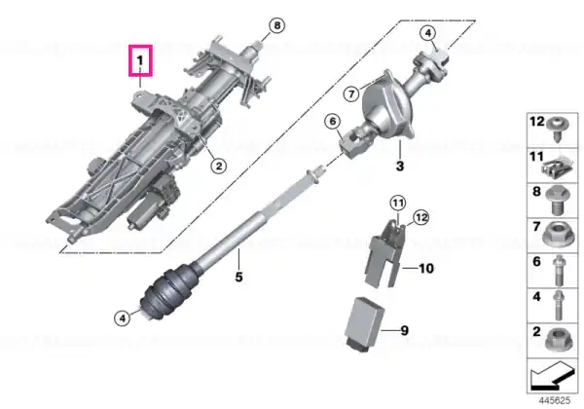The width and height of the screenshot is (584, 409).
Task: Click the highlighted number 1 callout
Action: click(140, 60)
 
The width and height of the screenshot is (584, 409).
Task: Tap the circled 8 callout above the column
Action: click(276, 25)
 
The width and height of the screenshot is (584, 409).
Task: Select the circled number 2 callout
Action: click(219, 166)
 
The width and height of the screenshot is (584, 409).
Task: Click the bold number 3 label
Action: click(400, 166)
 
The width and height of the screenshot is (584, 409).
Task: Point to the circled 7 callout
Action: click(351, 93)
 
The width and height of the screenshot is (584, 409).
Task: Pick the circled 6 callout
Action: click(333, 121)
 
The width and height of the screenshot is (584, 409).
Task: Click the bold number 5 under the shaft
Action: click(238, 277)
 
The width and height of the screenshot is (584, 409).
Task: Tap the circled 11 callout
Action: click(398, 203)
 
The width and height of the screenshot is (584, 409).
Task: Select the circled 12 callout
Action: click(421, 217)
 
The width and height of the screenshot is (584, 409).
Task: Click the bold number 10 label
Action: click(426, 268)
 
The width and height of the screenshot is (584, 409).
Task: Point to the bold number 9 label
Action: click(404, 330)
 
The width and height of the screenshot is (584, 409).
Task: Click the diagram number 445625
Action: click(555, 401)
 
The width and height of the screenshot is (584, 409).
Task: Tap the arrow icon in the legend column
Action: click(553, 376)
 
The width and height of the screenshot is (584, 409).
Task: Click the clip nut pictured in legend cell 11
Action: click(557, 167)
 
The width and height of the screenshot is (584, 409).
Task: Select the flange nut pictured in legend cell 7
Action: click(557, 234)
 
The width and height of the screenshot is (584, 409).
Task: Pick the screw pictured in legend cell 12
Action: click(558, 130)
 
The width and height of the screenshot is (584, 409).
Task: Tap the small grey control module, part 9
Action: click(364, 324)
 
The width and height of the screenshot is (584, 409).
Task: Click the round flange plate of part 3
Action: click(387, 105)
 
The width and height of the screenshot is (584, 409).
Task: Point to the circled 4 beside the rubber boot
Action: click(123, 318)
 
